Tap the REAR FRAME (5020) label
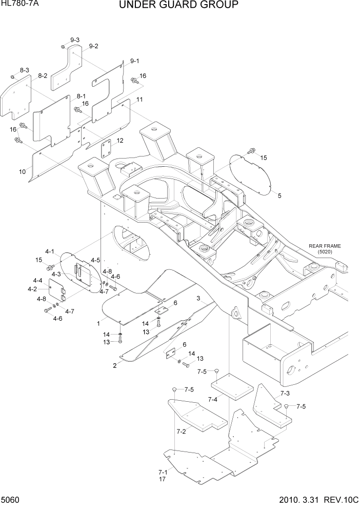tap(324, 249)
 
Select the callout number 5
tap(279, 195)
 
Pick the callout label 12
tap(120, 141)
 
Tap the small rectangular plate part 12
tap(107, 150)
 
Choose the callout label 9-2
tap(93, 46)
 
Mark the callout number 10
tap(23, 172)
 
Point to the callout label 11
tap(139, 99)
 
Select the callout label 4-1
tap(50, 251)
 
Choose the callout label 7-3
tap(285, 394)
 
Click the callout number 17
tap(163, 479)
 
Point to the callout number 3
tap(198, 298)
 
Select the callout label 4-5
tap(95, 260)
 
